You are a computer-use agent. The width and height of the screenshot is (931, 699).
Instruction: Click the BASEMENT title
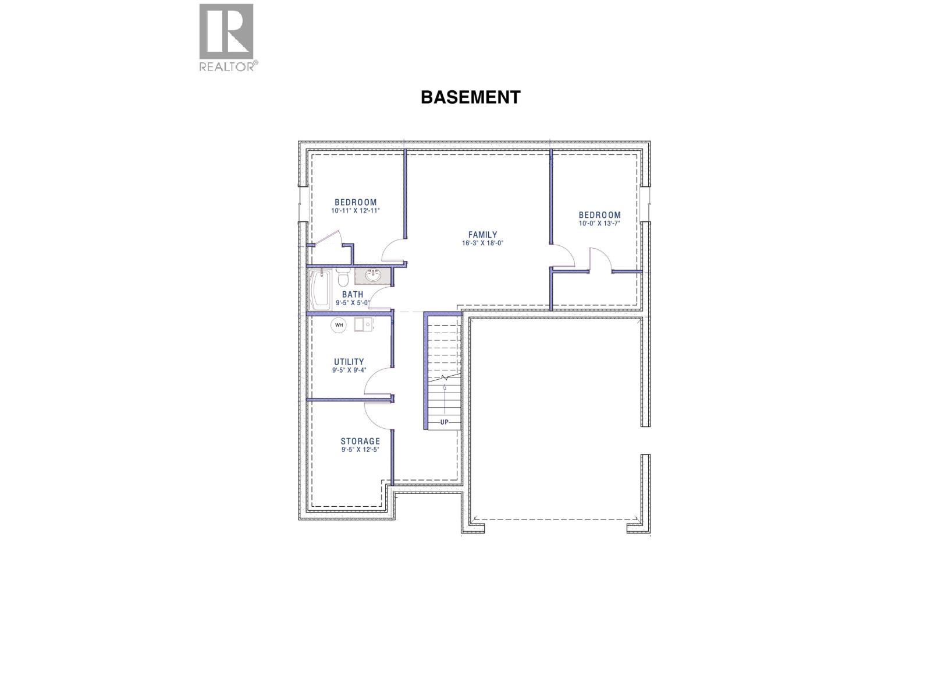click(470, 97)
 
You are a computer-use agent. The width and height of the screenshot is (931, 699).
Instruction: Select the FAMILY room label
click(483, 235)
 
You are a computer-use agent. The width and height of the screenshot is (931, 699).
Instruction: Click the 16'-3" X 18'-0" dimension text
click(483, 243)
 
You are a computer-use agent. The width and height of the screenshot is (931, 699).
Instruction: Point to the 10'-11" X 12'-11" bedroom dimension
click(356, 211)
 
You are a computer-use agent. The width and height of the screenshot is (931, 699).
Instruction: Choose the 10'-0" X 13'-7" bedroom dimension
click(599, 223)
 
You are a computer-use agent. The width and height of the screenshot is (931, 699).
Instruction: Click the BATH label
click(353, 295)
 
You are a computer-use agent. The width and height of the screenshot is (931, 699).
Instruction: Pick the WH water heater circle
click(339, 325)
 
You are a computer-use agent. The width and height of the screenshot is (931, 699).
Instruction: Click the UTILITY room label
click(349, 362)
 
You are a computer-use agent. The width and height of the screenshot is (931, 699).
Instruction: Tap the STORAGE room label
click(360, 442)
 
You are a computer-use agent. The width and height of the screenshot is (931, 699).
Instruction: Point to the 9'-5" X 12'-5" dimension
click(360, 450)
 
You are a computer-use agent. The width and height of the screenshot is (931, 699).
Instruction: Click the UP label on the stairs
click(445, 422)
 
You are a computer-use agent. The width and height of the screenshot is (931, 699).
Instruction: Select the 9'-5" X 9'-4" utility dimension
click(349, 370)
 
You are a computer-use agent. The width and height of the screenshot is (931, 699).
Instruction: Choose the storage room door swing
click(377, 415)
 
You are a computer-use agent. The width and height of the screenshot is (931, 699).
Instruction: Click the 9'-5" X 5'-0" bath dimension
click(353, 303)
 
